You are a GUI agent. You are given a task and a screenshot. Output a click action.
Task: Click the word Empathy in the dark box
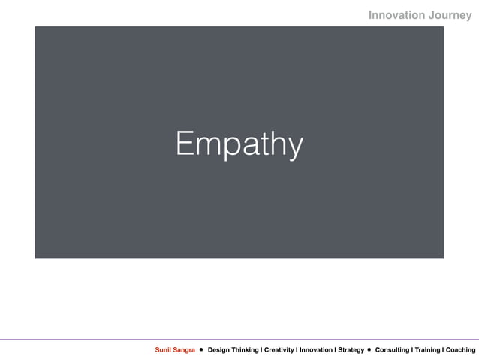[x=239, y=144]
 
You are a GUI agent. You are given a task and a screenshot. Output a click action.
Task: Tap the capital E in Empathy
[x=183, y=143]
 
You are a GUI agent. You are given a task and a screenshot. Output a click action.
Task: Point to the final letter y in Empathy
[x=295, y=147]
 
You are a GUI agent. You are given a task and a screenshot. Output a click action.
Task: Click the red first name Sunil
[x=164, y=350]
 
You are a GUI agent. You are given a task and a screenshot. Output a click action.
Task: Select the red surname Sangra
[x=185, y=350]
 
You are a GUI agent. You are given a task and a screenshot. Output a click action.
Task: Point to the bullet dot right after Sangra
[x=202, y=350]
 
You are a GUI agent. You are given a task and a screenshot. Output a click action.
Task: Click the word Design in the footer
[x=220, y=350]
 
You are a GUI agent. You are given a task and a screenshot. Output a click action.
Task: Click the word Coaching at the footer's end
[x=460, y=350]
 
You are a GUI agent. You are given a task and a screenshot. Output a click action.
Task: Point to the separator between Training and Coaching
[x=442, y=350]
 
